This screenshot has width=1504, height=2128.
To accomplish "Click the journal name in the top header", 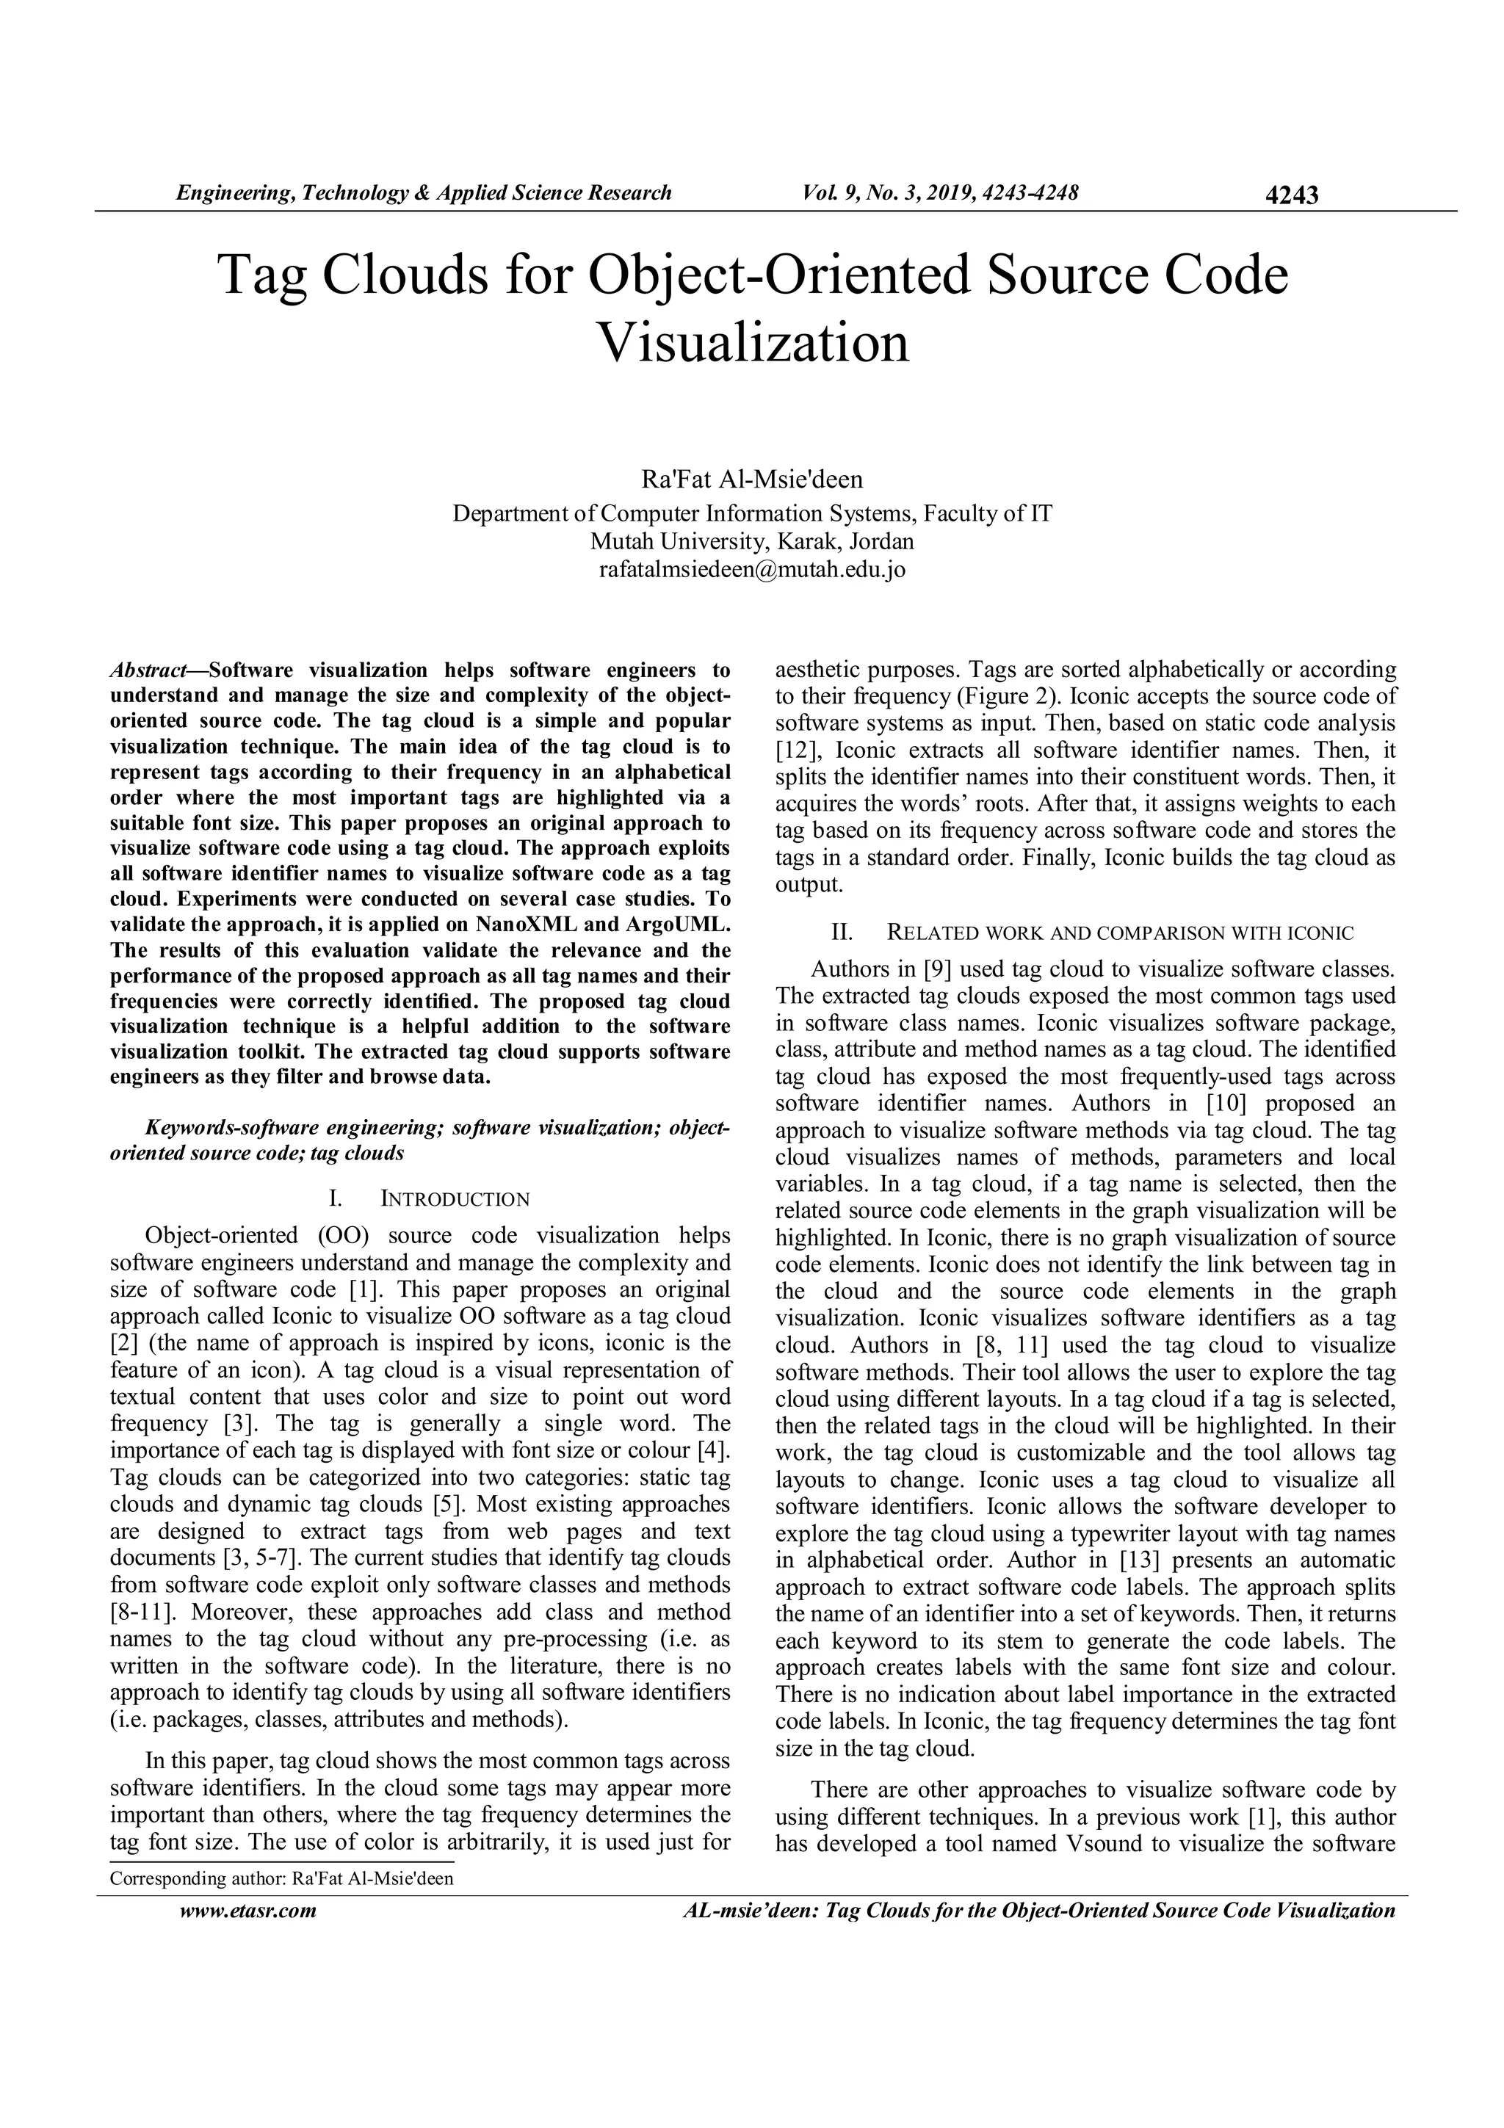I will (x=424, y=193).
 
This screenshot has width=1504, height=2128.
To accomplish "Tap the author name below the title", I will (x=751, y=479).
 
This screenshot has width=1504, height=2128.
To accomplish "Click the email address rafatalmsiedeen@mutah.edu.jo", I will (x=751, y=569).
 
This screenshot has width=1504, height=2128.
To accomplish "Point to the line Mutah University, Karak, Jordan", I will (x=751, y=540).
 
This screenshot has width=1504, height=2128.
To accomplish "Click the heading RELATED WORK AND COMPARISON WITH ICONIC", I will (x=1119, y=933).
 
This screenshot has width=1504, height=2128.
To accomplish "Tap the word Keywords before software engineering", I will (x=188, y=1128).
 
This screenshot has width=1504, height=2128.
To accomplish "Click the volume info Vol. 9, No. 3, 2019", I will (x=940, y=193).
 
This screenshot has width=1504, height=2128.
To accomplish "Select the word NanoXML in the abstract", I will (x=527, y=925).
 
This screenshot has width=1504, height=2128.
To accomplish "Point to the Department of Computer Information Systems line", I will (x=751, y=513).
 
